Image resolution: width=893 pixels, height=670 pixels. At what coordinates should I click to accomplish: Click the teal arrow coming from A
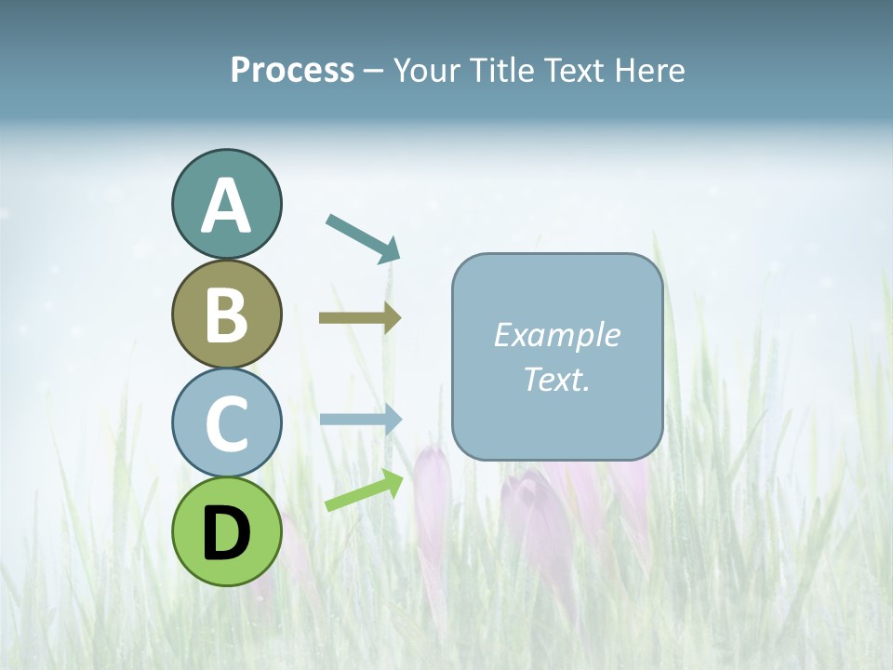(x=363, y=236)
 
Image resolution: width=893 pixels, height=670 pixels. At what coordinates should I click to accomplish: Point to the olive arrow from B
(x=359, y=317)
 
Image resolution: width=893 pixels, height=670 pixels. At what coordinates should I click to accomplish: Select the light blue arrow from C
(x=360, y=419)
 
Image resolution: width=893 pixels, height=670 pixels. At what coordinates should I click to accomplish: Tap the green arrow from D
(x=364, y=490)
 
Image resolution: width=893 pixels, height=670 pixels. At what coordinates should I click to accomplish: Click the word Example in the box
(x=557, y=335)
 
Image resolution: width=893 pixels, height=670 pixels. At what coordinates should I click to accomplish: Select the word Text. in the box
(x=557, y=379)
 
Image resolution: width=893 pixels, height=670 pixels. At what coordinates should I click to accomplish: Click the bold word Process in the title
(x=292, y=70)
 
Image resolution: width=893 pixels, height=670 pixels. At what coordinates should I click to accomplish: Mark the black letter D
(x=226, y=533)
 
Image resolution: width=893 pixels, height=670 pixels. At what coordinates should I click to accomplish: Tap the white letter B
(x=226, y=315)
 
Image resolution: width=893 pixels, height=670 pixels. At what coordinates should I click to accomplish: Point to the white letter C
(x=226, y=423)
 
